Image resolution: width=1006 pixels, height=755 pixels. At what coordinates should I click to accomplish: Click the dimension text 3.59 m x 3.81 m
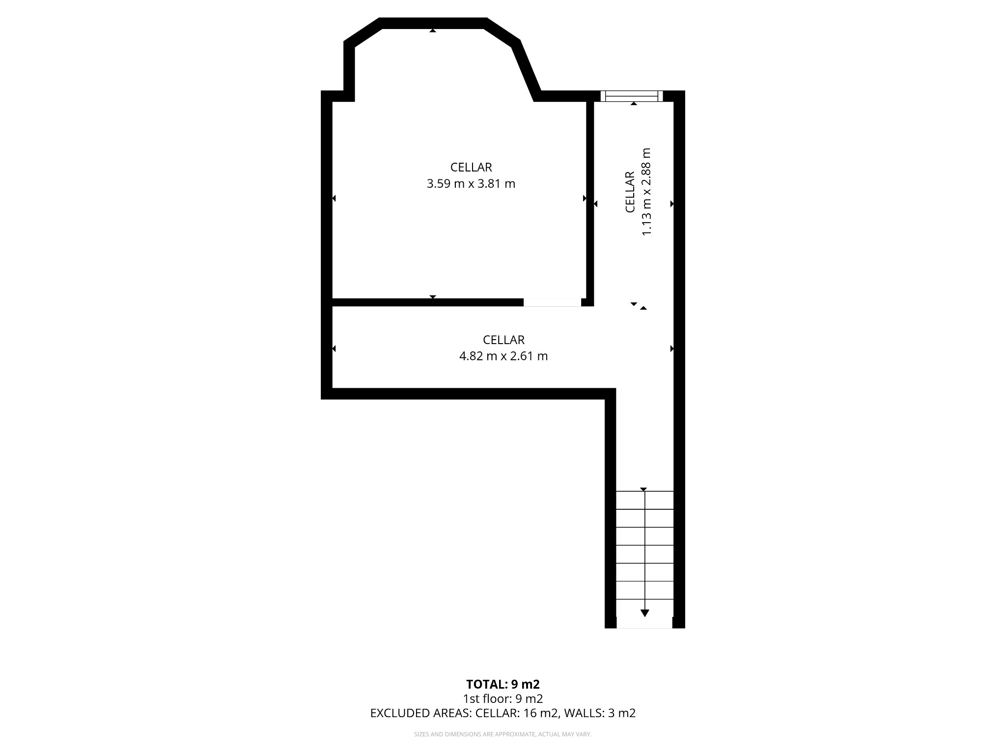click(x=471, y=184)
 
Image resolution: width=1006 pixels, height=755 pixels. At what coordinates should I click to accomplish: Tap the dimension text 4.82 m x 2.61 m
click(x=503, y=356)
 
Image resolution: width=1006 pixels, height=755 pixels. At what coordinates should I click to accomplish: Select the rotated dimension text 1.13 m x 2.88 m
click(x=646, y=192)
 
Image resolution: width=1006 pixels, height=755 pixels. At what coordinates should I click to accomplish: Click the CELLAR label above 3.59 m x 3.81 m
click(x=471, y=168)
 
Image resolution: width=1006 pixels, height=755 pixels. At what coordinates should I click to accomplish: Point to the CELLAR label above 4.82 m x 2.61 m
click(x=503, y=340)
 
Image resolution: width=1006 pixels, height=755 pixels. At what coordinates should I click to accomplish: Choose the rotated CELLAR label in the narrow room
click(x=630, y=192)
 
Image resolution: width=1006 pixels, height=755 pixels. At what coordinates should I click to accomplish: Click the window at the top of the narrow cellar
click(x=631, y=96)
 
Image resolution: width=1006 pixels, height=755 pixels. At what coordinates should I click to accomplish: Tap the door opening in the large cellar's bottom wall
click(x=552, y=302)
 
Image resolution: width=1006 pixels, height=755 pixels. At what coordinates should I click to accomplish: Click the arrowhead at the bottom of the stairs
click(x=644, y=613)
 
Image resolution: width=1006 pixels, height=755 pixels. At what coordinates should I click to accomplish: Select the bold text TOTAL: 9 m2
click(x=503, y=684)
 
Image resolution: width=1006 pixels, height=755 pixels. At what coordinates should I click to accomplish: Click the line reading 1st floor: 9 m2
click(x=503, y=698)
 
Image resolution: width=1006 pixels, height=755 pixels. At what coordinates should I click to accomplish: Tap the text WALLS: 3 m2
click(x=600, y=713)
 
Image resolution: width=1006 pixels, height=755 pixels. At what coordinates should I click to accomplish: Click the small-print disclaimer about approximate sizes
click(x=503, y=734)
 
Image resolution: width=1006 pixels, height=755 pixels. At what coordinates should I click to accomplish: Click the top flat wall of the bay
click(x=432, y=23)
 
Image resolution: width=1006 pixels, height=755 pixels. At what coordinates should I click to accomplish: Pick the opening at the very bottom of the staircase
click(x=644, y=623)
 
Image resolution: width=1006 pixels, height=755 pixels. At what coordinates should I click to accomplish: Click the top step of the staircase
click(x=644, y=500)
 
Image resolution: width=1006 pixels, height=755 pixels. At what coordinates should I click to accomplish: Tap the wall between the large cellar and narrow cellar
click(x=590, y=202)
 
